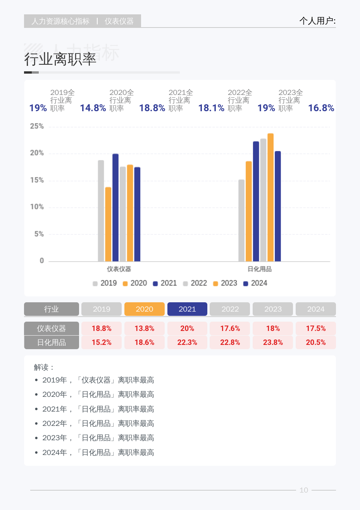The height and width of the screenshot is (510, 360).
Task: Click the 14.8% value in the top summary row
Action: point(93,108)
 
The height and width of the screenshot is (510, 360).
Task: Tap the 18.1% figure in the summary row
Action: point(211,108)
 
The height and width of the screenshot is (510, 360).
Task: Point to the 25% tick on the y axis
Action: point(37,126)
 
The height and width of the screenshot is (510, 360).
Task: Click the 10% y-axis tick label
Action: point(37,207)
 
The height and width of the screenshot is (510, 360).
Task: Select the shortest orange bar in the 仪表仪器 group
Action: point(108,224)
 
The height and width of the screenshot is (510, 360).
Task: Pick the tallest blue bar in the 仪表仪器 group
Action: point(115,208)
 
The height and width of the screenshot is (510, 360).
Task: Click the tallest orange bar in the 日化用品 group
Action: point(270,197)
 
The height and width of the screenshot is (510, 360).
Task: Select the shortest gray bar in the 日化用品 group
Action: point(241,221)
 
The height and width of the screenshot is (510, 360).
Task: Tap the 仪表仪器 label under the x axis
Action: point(119,269)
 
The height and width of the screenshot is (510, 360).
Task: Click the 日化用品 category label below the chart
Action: point(260,269)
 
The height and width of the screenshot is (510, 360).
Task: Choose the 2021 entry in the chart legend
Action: point(165,283)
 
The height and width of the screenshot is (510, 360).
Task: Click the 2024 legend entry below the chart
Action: point(255,283)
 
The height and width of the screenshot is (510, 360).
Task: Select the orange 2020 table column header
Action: point(145,309)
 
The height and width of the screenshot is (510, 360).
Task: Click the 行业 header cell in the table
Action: point(52,309)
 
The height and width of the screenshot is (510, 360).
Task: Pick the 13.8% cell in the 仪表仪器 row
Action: point(145,329)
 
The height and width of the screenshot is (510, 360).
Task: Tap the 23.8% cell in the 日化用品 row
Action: point(273,343)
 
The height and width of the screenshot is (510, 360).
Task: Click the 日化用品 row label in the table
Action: point(52,343)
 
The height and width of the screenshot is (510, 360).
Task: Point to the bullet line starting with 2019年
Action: point(98,380)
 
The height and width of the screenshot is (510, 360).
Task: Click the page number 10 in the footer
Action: point(304,490)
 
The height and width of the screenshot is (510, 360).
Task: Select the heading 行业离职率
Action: point(60,59)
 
